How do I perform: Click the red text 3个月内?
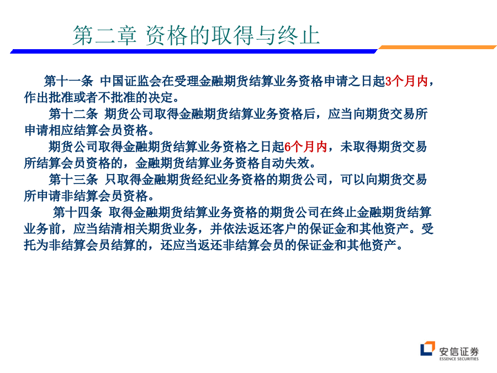406,81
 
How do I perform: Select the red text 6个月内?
305,147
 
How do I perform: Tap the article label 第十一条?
68,81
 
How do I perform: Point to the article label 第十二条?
73,114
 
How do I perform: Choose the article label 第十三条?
73,180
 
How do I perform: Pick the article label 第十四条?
77,212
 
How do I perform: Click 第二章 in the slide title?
104,35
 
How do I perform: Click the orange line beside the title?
437,48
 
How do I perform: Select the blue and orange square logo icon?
427,349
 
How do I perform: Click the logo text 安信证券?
459,351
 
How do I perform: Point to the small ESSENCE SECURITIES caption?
459,359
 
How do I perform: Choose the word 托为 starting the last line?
36,245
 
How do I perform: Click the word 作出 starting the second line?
36,97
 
